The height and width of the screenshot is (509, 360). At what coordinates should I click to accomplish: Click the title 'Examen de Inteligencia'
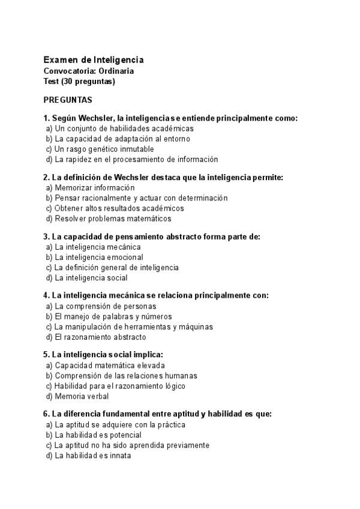coord(93,60)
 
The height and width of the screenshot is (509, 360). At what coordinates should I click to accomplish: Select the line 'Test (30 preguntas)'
coord(79,81)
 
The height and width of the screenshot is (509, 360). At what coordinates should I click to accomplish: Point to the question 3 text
coord(152,236)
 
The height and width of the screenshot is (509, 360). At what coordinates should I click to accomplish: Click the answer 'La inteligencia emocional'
coord(99,258)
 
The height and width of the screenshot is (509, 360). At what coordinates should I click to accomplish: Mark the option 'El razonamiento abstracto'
coord(100,337)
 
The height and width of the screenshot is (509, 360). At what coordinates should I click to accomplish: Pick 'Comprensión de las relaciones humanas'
coord(126,376)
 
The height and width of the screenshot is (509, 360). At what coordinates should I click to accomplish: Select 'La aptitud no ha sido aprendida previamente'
coord(132,445)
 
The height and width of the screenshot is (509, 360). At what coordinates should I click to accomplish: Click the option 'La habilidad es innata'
coord(93,456)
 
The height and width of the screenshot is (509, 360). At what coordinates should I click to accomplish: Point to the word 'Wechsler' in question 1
coord(98,119)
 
